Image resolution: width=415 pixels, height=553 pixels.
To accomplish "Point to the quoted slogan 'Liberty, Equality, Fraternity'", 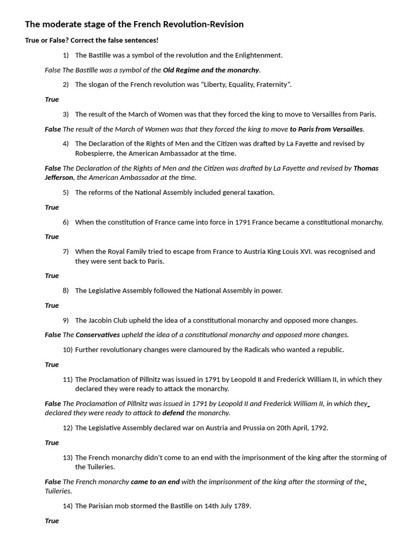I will click(x=247, y=85).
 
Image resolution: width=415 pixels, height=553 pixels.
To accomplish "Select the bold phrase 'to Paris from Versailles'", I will click(x=326, y=129).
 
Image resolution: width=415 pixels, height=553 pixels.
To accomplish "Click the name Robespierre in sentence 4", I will click(x=96, y=153).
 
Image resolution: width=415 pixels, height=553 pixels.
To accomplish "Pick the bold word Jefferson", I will click(x=59, y=178).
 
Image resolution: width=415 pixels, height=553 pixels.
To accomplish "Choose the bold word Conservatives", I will click(x=98, y=335).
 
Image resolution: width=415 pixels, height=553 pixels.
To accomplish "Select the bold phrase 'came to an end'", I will click(x=155, y=482).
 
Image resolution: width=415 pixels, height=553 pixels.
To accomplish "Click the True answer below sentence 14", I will click(x=52, y=521).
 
